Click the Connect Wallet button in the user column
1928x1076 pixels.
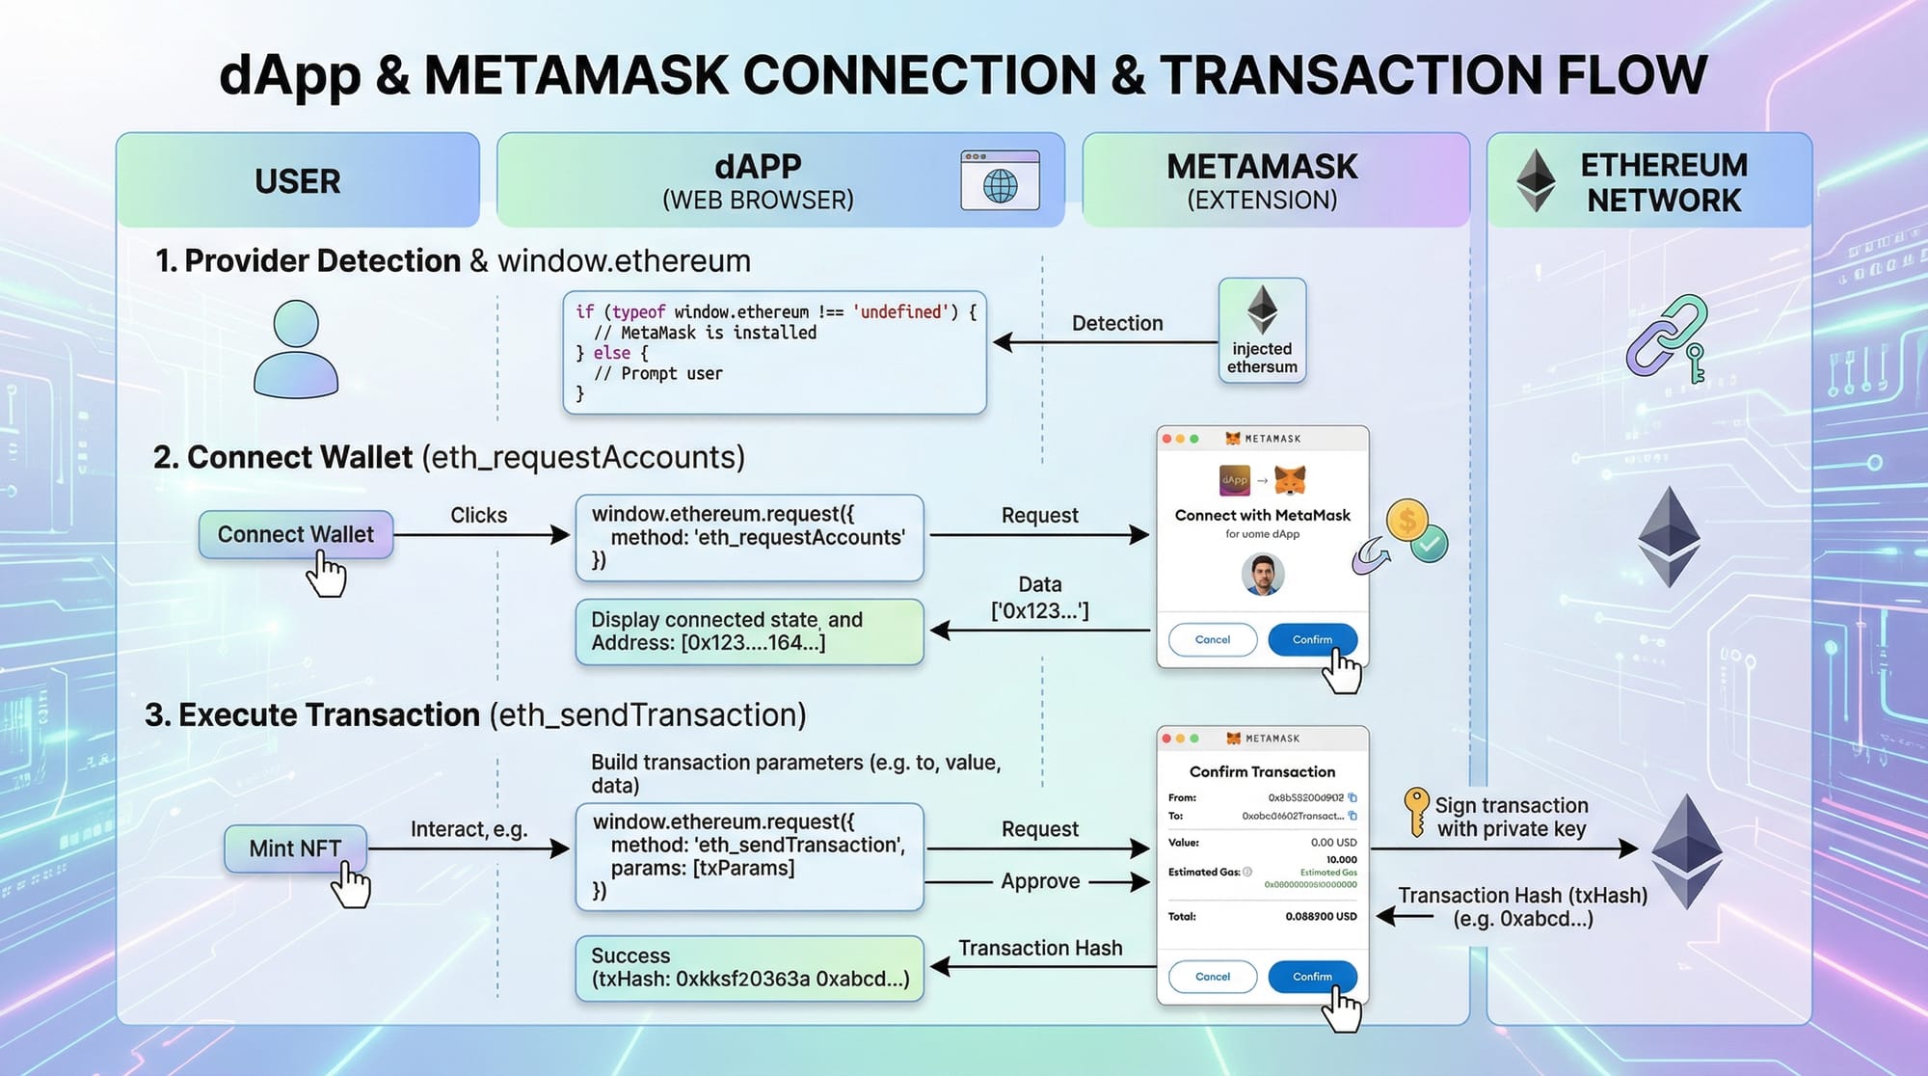coord(295,534)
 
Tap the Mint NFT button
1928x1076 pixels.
coord(295,848)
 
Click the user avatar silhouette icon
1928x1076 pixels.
coord(296,349)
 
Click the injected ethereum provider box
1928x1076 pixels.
coord(1262,331)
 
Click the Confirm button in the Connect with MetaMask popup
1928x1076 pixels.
coord(1312,639)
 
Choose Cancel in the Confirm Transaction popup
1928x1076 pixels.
coord(1212,977)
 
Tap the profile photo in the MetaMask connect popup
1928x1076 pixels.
coord(1262,575)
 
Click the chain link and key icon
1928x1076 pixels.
coord(1666,337)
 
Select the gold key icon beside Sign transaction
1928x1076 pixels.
coord(1415,811)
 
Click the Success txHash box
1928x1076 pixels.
coord(749,968)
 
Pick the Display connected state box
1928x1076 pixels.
coord(749,632)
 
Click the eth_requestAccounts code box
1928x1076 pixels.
coord(749,538)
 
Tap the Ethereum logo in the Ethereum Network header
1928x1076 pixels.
coord(1536,180)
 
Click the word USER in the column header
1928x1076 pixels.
coord(297,181)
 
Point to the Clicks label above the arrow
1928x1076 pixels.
coord(478,515)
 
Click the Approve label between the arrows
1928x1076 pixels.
coord(1040,881)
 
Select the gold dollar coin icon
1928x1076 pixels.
coord(1406,521)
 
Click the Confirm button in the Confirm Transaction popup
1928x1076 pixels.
coord(1312,977)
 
